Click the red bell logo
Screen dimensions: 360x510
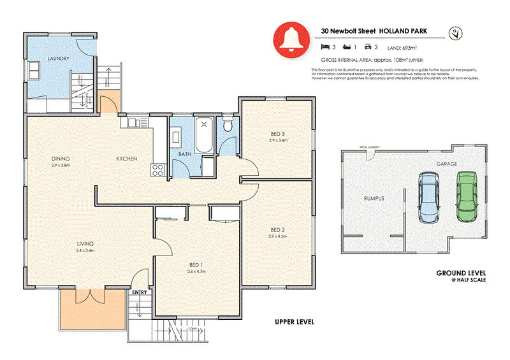pyautogui.click(x=289, y=39)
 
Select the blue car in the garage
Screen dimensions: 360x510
pyautogui.click(x=428, y=198)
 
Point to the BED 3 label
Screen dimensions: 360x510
pyautogui.click(x=279, y=133)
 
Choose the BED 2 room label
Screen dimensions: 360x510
pyautogui.click(x=277, y=229)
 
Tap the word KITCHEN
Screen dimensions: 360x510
pyautogui.click(x=126, y=158)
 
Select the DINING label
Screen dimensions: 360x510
pyautogui.click(x=61, y=158)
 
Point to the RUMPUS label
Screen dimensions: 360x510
pyautogui.click(x=374, y=198)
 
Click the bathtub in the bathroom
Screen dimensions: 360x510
pyautogui.click(x=205, y=136)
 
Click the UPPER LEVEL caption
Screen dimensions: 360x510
pyautogui.click(x=294, y=322)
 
